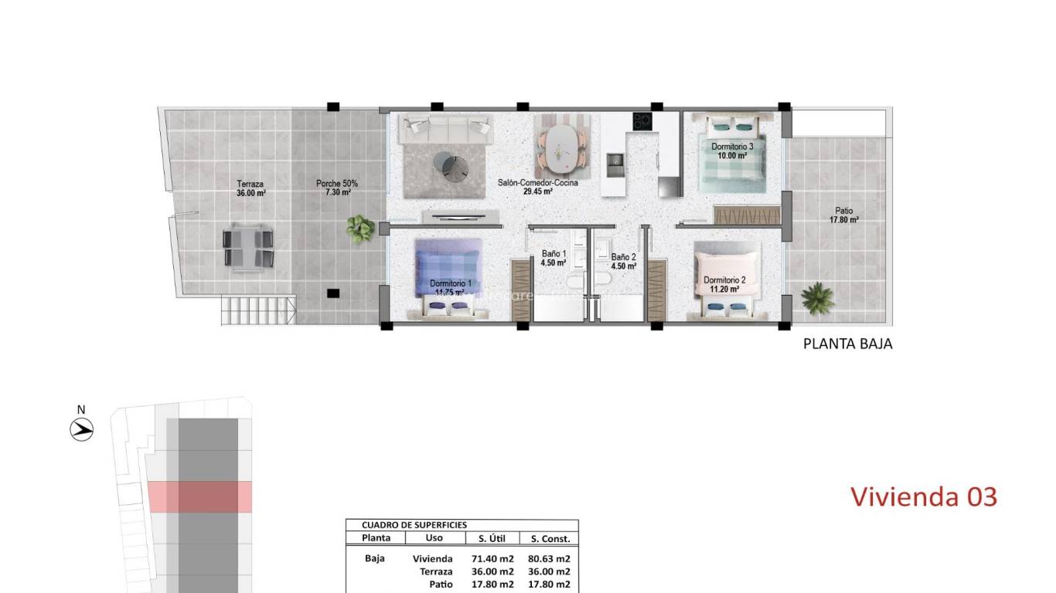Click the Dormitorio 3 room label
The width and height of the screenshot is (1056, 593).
727,150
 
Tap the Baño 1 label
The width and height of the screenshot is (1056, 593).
554,258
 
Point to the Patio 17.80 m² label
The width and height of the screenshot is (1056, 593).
844,215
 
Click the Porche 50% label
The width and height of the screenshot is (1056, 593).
337,188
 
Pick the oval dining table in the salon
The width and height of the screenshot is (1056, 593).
563,148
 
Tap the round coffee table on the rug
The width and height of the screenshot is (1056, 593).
449,165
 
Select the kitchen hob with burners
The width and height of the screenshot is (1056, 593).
642,121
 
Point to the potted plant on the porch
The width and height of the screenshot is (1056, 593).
360,228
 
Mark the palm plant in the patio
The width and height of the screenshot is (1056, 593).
817,298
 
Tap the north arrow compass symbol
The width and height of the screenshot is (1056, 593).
82,429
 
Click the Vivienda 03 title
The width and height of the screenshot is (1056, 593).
924,496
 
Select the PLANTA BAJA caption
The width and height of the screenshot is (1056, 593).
847,344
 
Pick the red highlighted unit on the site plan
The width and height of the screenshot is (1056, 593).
199,496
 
